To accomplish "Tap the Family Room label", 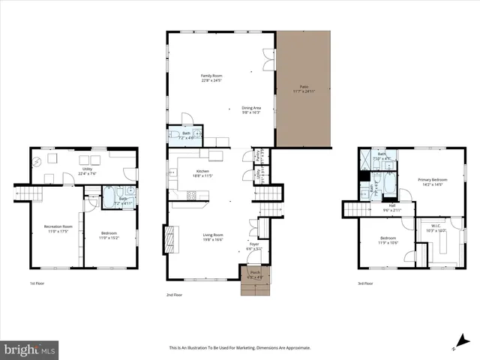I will click(x=211, y=78).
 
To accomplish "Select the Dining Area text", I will click(x=250, y=110).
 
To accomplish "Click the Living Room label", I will click(x=214, y=237).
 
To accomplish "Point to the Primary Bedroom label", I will click(x=433, y=181).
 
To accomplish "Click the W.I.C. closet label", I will click(x=436, y=229).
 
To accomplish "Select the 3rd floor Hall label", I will click(x=391, y=208).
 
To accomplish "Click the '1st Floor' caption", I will click(x=37, y=283).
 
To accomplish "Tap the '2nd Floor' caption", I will click(x=174, y=295).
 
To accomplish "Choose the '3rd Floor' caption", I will click(x=366, y=283).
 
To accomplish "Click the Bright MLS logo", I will click(x=29, y=349).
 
